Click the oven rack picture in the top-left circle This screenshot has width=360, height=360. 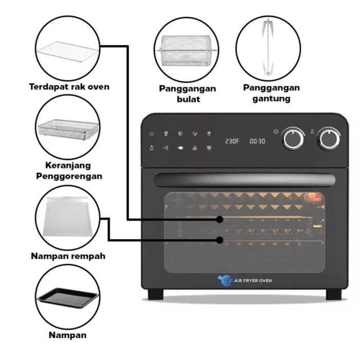[68, 51]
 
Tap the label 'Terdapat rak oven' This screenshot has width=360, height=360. [68, 86]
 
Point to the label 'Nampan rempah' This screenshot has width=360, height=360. [68, 256]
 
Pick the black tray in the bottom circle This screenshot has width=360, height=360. [68, 297]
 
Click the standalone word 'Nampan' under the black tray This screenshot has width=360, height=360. [68, 335]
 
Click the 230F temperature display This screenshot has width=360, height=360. [232, 140]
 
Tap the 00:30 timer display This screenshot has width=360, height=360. [258, 140]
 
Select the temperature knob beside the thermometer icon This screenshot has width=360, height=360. [329, 138]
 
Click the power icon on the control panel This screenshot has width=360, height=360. [152, 134]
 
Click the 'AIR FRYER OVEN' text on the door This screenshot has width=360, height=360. [253, 280]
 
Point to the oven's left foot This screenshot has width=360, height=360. [155, 295]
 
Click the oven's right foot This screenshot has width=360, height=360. [333, 295]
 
